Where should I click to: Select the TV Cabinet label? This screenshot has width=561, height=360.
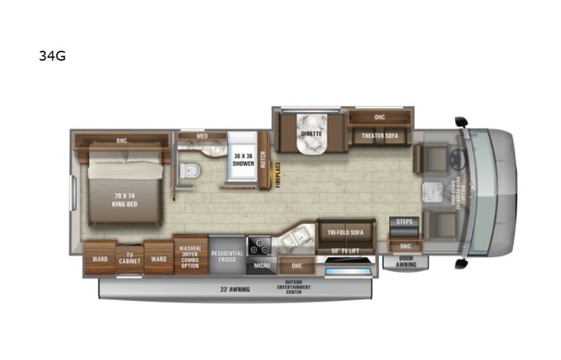(129, 259)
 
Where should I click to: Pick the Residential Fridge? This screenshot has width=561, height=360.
(227, 256)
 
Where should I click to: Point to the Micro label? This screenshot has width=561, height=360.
(262, 266)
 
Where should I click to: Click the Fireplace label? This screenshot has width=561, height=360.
(278, 173)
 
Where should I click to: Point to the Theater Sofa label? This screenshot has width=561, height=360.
(380, 136)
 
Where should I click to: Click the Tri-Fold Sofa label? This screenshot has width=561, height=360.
(344, 233)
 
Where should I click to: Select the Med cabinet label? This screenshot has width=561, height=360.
(202, 136)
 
